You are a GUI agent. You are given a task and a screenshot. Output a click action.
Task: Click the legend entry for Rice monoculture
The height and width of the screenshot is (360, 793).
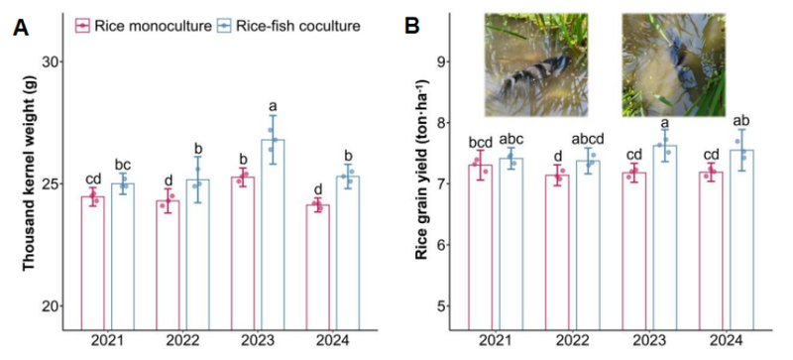click(x=144, y=26)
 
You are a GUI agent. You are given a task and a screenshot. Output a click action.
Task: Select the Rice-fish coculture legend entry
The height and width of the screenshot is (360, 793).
click(x=288, y=26)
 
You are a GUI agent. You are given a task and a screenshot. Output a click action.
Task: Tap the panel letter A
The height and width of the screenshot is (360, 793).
click(x=21, y=27)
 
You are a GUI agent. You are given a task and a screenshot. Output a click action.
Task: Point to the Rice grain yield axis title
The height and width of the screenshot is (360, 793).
click(x=420, y=170)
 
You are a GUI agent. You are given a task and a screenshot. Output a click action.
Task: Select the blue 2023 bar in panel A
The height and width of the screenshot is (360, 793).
click(x=273, y=235)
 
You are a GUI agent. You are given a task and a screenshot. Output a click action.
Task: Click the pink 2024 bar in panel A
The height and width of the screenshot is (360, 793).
click(x=317, y=268)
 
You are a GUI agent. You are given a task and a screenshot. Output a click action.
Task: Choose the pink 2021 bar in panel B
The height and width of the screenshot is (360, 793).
click(x=480, y=248)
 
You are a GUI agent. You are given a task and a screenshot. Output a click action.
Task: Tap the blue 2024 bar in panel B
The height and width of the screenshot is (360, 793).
click(x=741, y=241)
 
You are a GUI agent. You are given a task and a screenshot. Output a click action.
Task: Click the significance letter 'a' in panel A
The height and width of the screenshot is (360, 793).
click(x=274, y=106)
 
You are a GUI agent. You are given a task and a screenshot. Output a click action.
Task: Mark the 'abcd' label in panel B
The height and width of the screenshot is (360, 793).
click(x=588, y=139)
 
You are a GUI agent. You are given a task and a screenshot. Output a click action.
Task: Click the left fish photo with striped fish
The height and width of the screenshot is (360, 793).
click(x=536, y=64)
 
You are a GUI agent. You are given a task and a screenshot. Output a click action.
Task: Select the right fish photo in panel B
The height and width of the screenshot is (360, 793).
click(x=674, y=64)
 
